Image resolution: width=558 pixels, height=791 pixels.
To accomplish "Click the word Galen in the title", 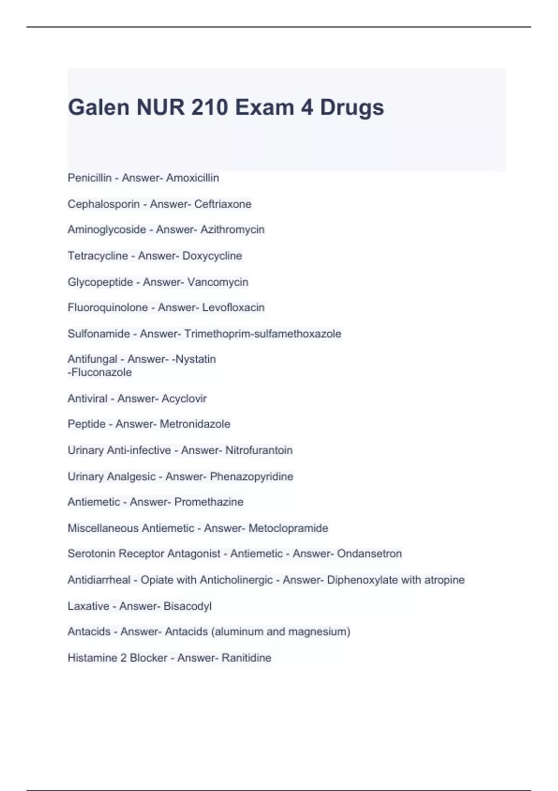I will click(x=99, y=107).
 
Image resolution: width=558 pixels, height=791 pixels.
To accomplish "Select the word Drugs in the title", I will click(x=352, y=107).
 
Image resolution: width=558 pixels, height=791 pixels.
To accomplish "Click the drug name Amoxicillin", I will click(x=193, y=178).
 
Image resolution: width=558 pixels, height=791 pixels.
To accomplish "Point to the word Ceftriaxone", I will click(x=223, y=204).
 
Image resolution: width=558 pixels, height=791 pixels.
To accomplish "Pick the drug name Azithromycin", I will click(x=232, y=229).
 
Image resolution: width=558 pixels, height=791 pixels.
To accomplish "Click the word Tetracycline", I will click(x=98, y=255).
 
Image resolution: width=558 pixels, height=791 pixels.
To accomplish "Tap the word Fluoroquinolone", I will click(x=108, y=308).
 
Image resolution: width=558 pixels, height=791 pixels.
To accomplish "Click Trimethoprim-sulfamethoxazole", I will click(x=263, y=334).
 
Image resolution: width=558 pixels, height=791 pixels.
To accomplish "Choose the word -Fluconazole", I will click(x=100, y=372).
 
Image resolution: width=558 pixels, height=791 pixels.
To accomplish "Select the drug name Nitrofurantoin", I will click(x=259, y=450).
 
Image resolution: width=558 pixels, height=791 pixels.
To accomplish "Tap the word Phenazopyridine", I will click(x=252, y=476).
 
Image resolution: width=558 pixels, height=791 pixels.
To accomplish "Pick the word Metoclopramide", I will click(x=288, y=528).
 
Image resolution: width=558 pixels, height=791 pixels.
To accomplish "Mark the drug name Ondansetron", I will click(x=369, y=554).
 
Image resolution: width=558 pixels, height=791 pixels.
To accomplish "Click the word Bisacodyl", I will click(x=187, y=606).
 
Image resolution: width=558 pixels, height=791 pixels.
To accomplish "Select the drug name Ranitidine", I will click(x=246, y=657).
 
